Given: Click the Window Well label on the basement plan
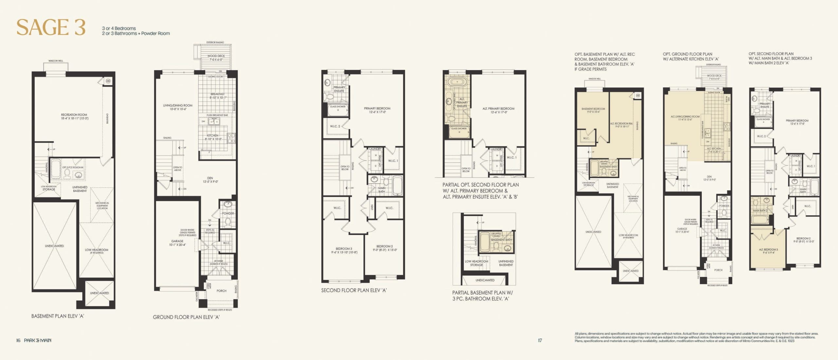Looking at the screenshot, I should pos(56,61).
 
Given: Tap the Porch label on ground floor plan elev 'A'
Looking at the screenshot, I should pos(221,291).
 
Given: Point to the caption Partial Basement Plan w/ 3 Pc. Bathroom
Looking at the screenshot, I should pos(483,296).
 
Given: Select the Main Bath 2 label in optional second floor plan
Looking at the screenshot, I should pos(760,210).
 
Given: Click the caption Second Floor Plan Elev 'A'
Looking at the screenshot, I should pos(354,290).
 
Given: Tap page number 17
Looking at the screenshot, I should pos(540,340).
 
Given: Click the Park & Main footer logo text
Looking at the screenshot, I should pos(37,340).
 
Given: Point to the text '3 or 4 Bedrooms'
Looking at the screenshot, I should pos(119,28).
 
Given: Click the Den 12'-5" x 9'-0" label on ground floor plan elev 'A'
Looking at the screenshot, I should pos(210,180).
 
